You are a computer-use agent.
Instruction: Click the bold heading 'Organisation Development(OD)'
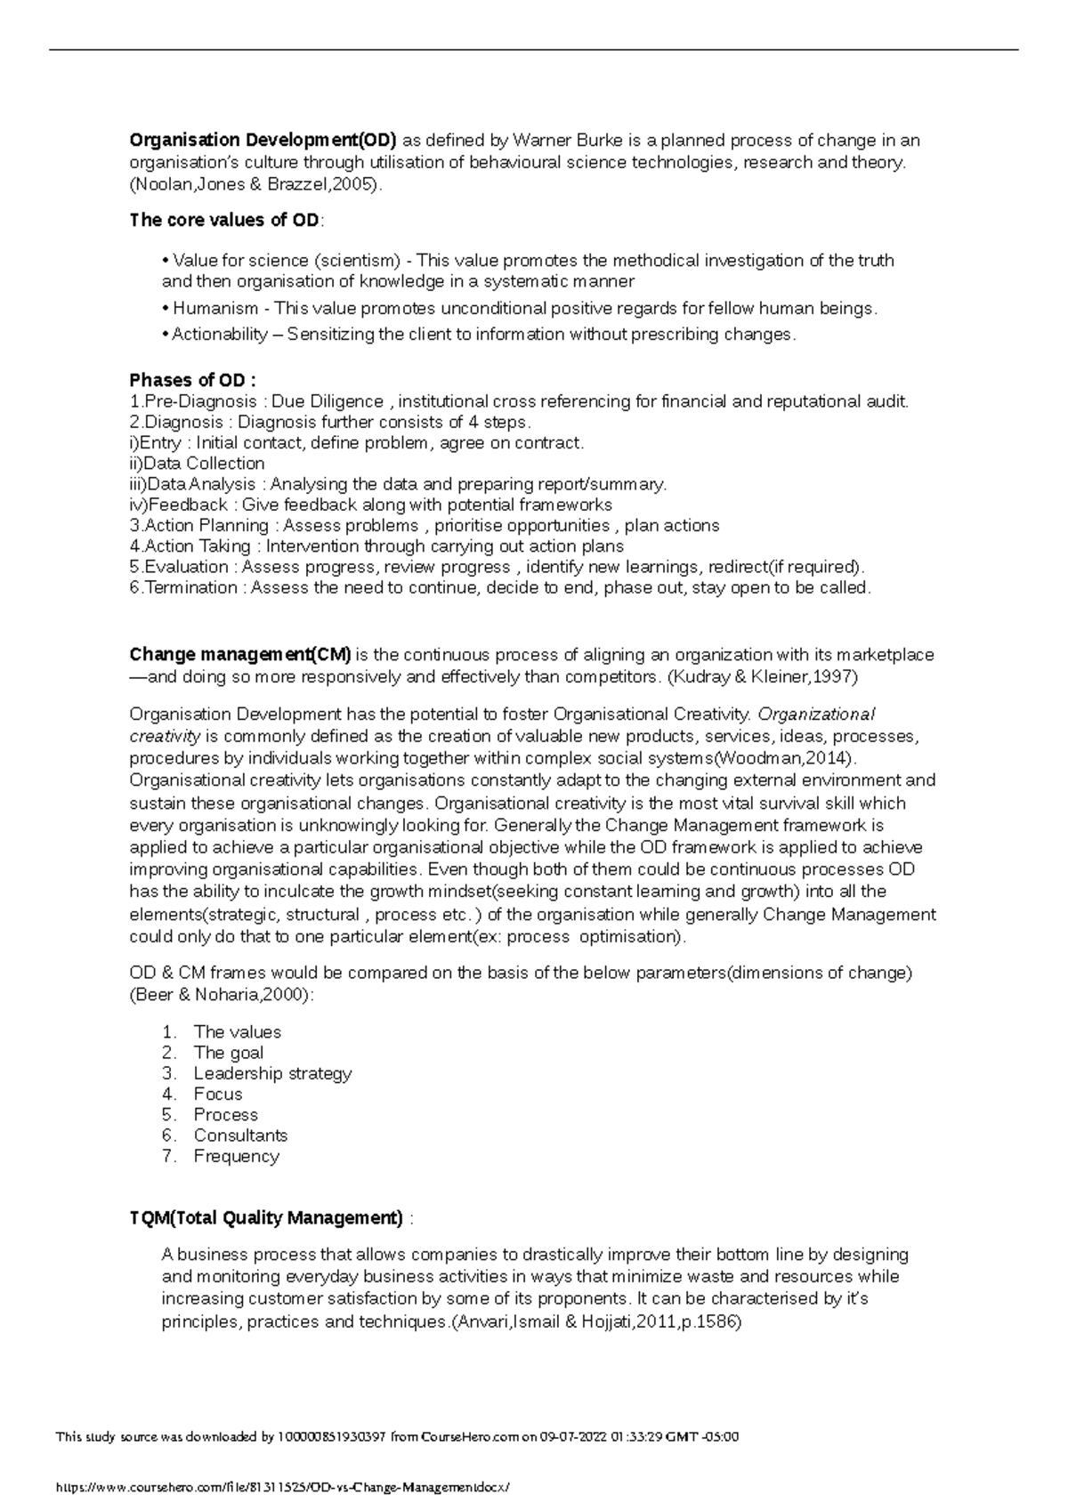point(263,141)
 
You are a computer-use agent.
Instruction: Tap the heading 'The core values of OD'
point(224,220)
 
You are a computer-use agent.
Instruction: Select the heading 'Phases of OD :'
point(192,381)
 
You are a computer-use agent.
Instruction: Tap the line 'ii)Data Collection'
point(197,464)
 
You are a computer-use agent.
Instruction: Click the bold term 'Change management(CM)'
point(240,655)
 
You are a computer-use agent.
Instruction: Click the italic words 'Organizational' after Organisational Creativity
point(816,715)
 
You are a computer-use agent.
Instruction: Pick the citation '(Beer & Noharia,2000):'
point(222,995)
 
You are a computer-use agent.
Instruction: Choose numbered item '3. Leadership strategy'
point(271,1073)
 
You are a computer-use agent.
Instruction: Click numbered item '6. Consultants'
point(239,1135)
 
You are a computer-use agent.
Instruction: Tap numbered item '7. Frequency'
point(236,1156)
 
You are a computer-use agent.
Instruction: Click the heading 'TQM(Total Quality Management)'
point(266,1217)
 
